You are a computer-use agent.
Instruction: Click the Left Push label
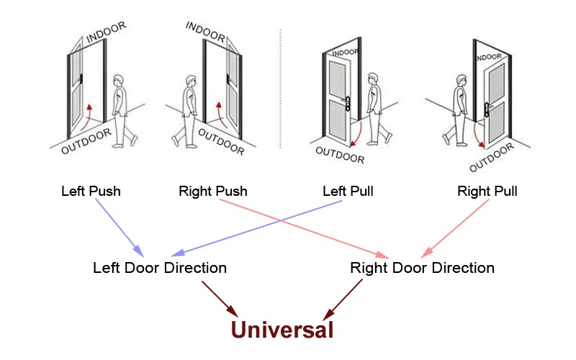point(91,192)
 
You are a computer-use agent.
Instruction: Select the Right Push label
point(213,192)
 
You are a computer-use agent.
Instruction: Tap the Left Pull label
point(348,192)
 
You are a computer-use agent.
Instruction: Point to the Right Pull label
point(487,192)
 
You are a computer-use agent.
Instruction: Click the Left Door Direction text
point(160,268)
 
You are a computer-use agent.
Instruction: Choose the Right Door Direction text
point(422,268)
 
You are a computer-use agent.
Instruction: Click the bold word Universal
point(282,330)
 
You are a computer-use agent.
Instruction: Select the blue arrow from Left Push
point(120,228)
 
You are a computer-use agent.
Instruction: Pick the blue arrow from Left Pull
point(257,228)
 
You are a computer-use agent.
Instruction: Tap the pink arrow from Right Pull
point(455,228)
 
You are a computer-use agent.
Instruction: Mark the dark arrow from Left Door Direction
point(220,300)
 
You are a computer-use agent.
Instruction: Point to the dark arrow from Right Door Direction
point(343,300)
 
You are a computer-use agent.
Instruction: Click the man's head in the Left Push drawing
point(118,81)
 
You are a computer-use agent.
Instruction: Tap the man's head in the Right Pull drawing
point(462,81)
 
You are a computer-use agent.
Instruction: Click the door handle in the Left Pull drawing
point(347,104)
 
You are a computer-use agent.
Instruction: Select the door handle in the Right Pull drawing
point(487,109)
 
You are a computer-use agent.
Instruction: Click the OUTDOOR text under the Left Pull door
point(340,155)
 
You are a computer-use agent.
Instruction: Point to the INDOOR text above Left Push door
point(106,32)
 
